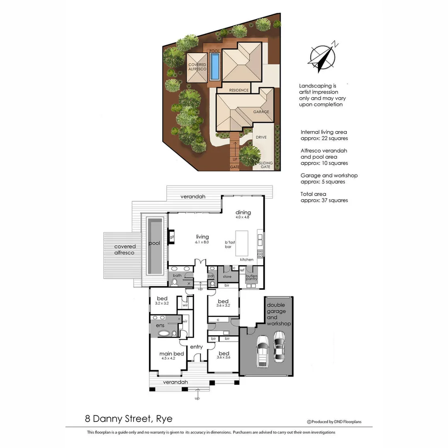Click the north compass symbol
pos(323,58)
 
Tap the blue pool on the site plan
pos(214,66)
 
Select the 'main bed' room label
pos(172,354)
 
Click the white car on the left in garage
pos(263,351)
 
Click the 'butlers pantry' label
pos(252,278)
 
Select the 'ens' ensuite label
pos(160,326)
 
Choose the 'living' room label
pos(202,237)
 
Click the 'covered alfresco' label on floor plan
pos(125,249)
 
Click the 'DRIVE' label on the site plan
pos(261,137)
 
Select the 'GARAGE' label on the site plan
pos(261,112)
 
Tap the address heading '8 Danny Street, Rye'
pos(129,419)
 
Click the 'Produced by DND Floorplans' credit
pos(334,422)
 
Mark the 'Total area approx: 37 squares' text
pos(324,197)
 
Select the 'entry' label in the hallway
pos(196,347)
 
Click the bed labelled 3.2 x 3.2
pos(162,301)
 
